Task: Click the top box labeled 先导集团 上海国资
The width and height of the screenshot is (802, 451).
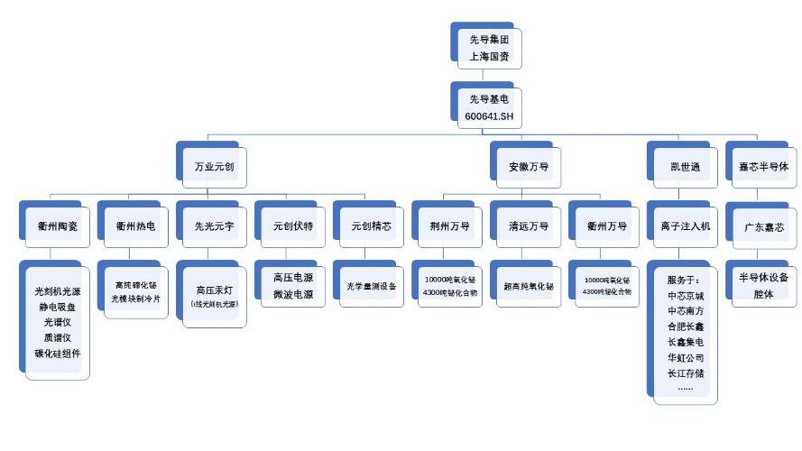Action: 487,48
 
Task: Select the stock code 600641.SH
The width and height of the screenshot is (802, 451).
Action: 487,116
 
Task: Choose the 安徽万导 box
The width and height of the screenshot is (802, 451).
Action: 528,167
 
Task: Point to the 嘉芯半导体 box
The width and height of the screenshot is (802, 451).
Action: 763,167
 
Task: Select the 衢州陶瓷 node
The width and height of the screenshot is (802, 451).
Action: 58,225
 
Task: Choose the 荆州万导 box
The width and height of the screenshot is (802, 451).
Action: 449,225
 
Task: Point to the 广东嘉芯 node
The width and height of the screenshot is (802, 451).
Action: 763,225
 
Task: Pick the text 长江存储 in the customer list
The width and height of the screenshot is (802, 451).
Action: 685,373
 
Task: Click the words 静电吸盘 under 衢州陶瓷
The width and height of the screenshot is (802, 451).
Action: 58,307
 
